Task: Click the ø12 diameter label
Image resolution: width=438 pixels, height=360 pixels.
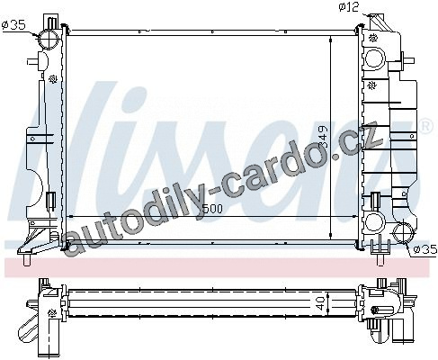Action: tap(349, 6)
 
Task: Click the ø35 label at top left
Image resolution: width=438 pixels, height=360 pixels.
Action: tap(13, 25)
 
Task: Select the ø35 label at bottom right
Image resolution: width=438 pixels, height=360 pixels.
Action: tap(425, 249)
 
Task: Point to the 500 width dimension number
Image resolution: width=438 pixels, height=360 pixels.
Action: tap(212, 209)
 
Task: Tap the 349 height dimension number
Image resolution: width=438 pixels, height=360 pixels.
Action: tap(324, 137)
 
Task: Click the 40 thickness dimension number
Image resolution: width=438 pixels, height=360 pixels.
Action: tap(320, 303)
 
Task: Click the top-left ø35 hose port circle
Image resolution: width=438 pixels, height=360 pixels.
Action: tap(49, 39)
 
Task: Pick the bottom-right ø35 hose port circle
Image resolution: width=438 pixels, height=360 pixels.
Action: tap(403, 232)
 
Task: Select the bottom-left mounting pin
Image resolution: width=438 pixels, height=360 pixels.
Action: tap(27, 259)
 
